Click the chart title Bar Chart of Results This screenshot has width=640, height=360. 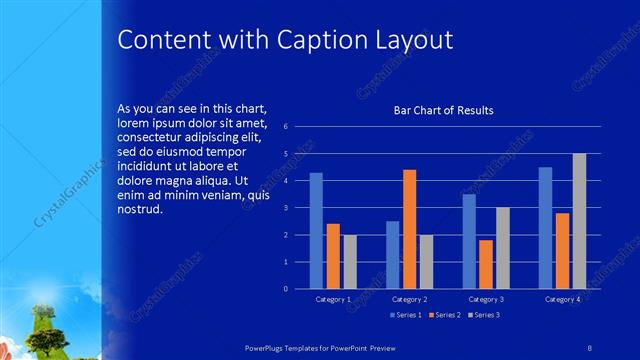coord(443,111)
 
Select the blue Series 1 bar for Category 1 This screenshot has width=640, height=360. coord(316,230)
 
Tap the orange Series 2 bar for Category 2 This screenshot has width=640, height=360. coord(409,229)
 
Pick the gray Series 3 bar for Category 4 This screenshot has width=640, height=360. coord(579,221)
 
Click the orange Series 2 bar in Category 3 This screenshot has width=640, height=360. coord(486,264)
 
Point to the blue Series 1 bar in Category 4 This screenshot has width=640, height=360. coord(545,228)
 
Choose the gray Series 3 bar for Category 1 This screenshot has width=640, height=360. coord(350,262)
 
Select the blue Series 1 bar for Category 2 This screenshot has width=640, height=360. coord(392,255)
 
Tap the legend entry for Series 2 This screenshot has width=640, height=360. coord(443,315)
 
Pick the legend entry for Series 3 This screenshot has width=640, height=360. coord(485,315)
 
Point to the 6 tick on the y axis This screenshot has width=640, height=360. coord(286,127)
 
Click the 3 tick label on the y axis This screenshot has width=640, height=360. coord(286,208)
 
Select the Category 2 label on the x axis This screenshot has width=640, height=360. coord(410,299)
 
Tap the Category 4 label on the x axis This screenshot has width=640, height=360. coord(562,299)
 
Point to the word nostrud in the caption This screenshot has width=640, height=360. coord(139,211)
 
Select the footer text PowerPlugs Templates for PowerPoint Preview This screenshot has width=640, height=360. coord(329,345)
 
